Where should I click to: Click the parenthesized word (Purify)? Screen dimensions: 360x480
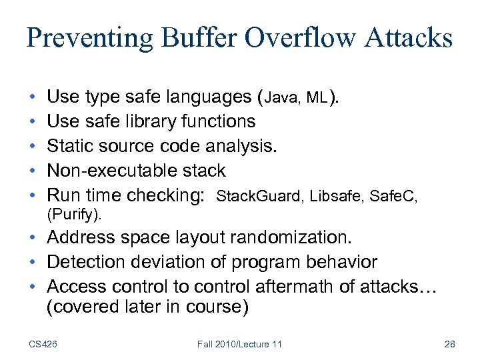74,215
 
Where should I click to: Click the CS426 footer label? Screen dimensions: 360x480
43,344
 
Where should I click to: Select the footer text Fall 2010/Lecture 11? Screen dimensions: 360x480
239,344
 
